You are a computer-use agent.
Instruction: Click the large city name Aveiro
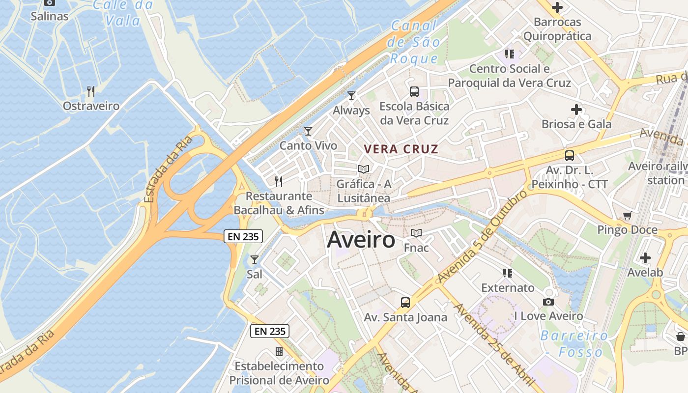coord(361,240)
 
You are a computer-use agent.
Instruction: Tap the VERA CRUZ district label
coord(401,149)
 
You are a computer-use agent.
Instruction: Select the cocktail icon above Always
coord(351,95)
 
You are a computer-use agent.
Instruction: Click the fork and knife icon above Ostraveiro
coord(90,91)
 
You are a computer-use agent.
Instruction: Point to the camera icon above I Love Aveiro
coord(548,301)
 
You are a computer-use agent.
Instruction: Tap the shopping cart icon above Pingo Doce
coord(627,215)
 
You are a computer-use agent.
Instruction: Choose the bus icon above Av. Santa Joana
coord(405,302)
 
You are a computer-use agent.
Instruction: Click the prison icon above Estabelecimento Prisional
coord(279,351)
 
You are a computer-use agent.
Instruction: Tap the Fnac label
coord(416,248)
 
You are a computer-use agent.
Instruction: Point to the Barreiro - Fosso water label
coord(574,344)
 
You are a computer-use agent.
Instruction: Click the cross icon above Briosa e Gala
coord(576,109)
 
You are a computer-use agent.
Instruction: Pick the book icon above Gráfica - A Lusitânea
coord(364,169)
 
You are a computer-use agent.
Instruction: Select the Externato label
coord(508,287)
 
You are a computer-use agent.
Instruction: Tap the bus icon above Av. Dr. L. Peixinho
coord(570,156)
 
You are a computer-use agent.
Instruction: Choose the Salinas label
coord(50,16)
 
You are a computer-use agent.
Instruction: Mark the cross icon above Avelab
coord(645,257)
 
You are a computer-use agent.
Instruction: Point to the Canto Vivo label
coord(308,146)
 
